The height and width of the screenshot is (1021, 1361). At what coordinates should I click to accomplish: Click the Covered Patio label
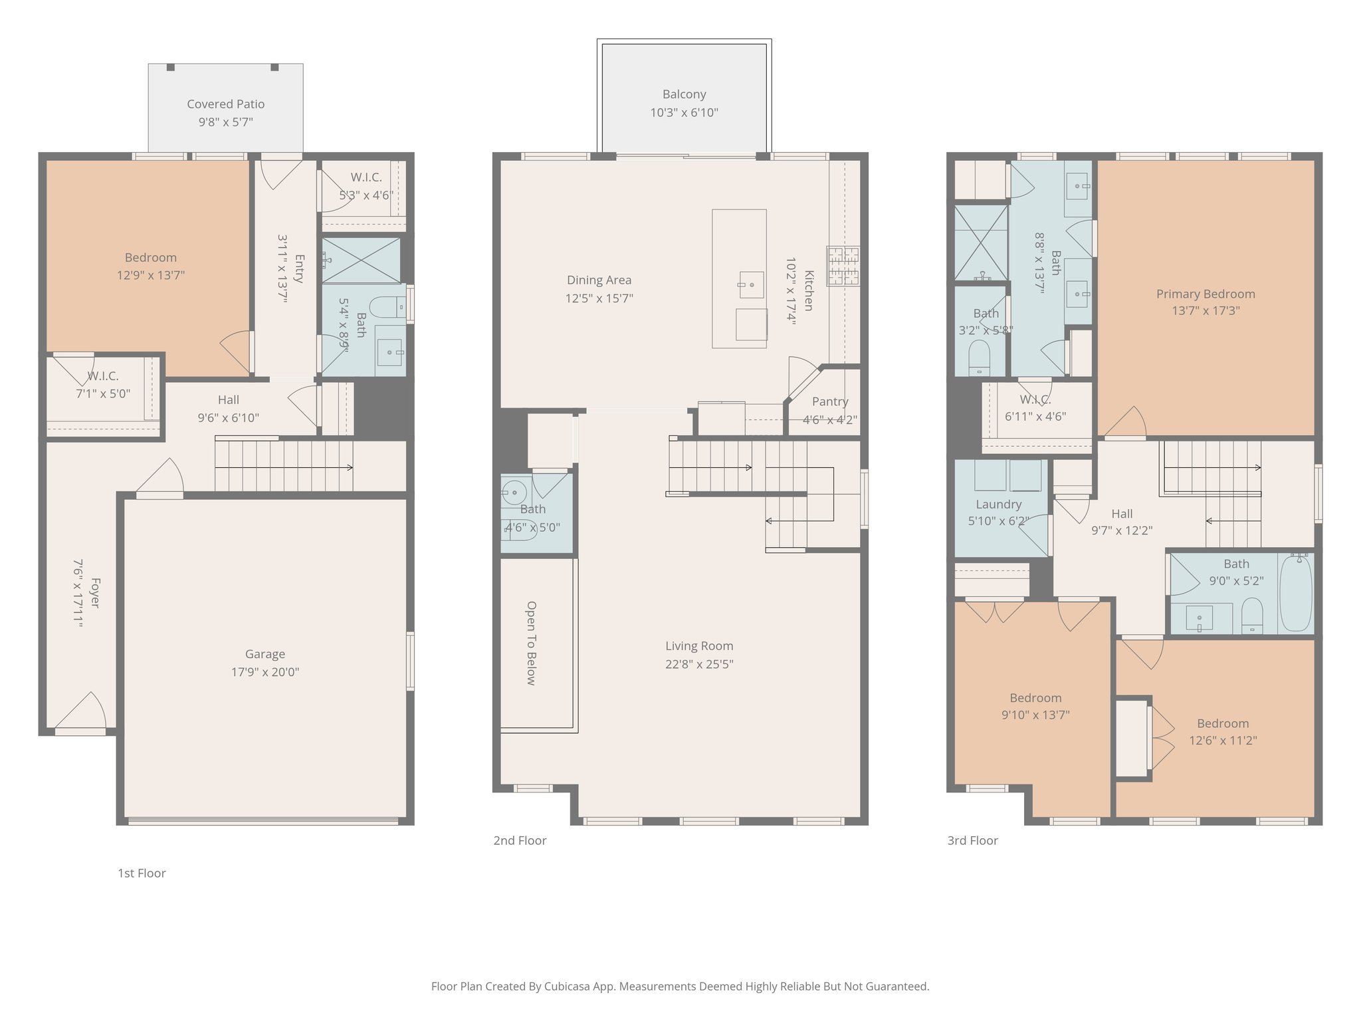[x=225, y=104]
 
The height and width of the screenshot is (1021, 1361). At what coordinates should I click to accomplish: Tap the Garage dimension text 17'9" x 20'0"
[x=264, y=672]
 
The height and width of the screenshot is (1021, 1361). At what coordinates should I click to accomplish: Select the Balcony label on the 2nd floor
[x=684, y=94]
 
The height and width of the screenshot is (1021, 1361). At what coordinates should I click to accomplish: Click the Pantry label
[x=830, y=401]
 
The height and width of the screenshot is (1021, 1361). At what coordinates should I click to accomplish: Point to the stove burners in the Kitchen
[x=843, y=266]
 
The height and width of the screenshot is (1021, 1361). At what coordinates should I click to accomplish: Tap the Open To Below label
[x=531, y=643]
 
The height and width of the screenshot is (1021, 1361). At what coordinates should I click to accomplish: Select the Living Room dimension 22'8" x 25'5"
[x=699, y=664]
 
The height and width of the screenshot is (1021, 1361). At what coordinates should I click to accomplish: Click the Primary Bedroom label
[x=1205, y=294]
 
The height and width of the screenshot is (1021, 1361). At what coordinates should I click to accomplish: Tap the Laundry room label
[x=998, y=504]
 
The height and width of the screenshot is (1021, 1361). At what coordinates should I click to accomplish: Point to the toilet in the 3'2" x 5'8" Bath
[x=979, y=357]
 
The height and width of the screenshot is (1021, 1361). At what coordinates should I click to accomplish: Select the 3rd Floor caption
[x=972, y=840]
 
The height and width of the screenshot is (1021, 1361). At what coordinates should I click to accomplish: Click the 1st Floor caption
[x=142, y=873]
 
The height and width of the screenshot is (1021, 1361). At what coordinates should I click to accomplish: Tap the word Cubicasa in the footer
[x=570, y=986]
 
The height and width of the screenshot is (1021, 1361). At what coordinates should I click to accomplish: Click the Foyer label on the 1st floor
[x=94, y=593]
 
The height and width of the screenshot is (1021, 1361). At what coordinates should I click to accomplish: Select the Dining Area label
[x=599, y=281]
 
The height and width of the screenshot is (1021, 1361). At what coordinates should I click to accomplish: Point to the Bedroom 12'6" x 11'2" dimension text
[x=1222, y=740]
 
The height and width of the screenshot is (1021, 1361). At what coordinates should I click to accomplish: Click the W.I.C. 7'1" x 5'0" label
[x=102, y=376]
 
